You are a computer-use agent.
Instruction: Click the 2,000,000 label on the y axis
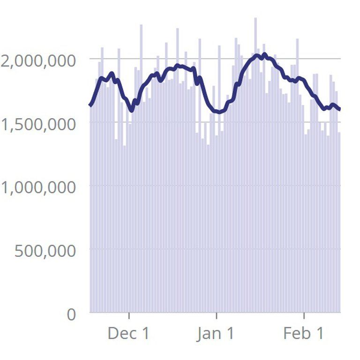pyautogui.click(x=38, y=60)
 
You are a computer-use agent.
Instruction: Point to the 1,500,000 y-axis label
pyautogui.click(x=38, y=124)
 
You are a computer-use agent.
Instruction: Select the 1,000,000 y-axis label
pyautogui.click(x=38, y=187)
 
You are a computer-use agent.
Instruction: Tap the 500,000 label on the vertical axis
pyautogui.click(x=45, y=251)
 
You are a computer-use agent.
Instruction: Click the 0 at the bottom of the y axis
pyautogui.click(x=70, y=314)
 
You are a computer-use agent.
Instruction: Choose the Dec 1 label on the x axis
pyautogui.click(x=128, y=333)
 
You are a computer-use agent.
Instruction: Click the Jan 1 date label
pyautogui.click(x=216, y=333)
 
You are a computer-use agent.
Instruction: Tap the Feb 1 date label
pyautogui.click(x=303, y=333)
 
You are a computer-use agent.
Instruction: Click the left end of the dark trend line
pyautogui.click(x=90, y=105)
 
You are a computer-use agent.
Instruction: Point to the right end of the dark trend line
pyautogui.click(x=340, y=110)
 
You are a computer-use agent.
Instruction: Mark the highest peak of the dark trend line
pyautogui.click(x=265, y=54)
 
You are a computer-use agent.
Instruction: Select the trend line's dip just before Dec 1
pyautogui.click(x=131, y=110)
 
